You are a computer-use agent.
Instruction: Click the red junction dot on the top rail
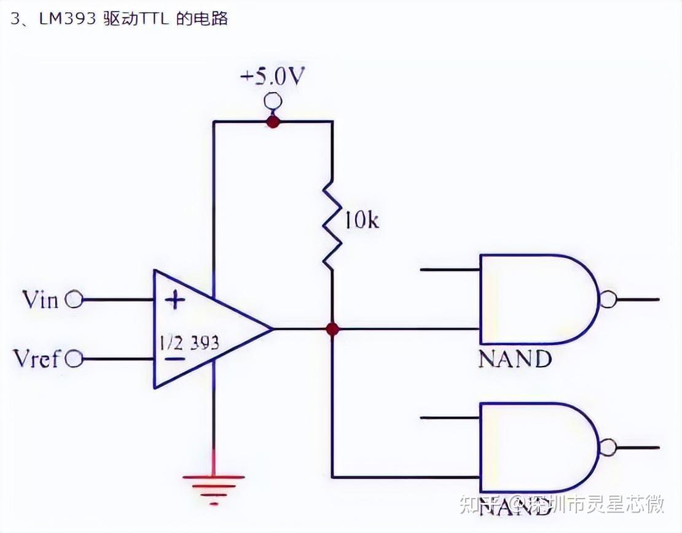[273, 122]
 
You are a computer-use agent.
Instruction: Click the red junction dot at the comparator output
[332, 329]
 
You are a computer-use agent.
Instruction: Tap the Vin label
[40, 300]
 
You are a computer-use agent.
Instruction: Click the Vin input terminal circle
[74, 300]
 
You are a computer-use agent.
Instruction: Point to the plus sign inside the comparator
[176, 300]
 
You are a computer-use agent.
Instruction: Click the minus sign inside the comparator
[175, 359]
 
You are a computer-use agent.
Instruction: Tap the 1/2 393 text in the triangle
[189, 343]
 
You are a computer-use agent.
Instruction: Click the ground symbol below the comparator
[213, 483]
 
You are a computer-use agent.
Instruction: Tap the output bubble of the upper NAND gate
[607, 300]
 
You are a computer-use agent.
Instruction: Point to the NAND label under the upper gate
[515, 359]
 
